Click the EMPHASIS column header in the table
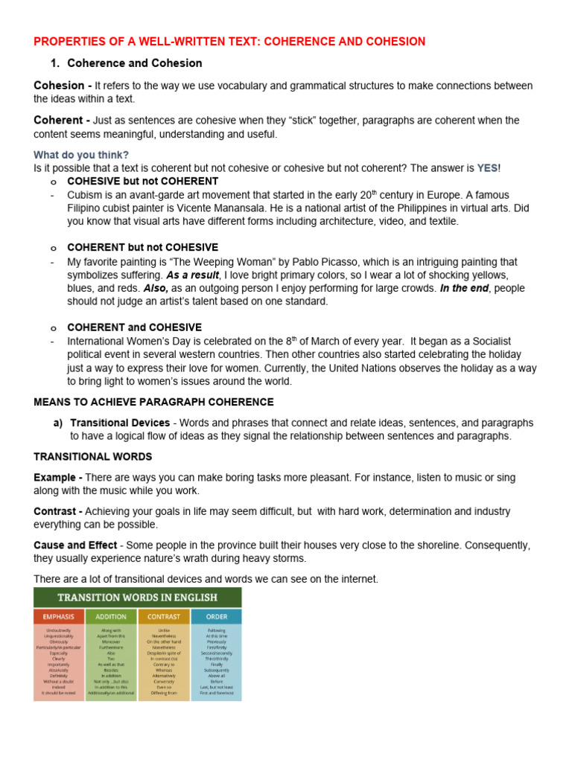(x=60, y=616)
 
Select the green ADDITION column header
(x=112, y=616)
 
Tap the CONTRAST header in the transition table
(x=164, y=616)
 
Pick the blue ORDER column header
(x=216, y=616)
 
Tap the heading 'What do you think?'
(x=81, y=155)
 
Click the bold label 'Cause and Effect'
(x=75, y=545)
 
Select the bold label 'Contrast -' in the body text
(x=59, y=511)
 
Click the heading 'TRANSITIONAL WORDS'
(x=93, y=456)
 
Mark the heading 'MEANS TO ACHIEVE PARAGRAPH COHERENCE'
(x=153, y=402)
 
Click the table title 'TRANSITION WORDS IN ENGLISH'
(x=138, y=597)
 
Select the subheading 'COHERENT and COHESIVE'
(x=135, y=327)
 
